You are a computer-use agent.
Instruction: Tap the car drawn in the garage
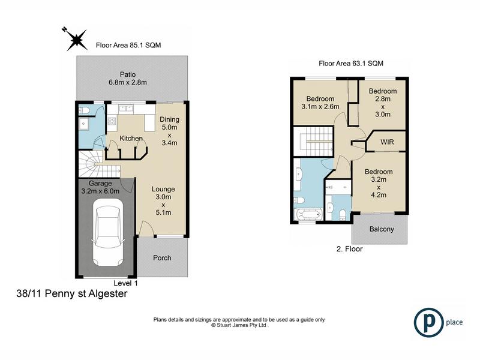tap(108, 233)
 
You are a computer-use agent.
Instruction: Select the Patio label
tap(128, 74)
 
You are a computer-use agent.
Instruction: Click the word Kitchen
tap(131, 139)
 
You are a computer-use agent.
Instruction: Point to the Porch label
tap(162, 258)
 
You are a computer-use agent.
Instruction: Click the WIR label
tap(387, 142)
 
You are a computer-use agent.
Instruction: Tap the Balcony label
tap(382, 229)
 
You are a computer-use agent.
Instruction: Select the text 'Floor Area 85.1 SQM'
tap(128, 46)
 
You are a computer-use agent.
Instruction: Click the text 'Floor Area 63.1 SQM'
tap(351, 64)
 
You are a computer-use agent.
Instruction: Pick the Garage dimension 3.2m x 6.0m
tap(100, 191)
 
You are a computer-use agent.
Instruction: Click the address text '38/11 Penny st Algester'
tap(71, 293)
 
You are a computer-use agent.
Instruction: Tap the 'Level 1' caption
tap(125, 283)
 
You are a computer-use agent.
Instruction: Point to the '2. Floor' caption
tap(349, 249)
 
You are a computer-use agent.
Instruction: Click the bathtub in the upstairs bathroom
tap(308, 214)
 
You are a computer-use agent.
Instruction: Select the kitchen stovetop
tap(112, 121)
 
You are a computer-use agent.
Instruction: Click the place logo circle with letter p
tap(428, 322)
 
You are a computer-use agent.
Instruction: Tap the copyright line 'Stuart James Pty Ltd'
tap(239, 325)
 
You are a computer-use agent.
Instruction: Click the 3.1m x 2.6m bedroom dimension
tap(320, 107)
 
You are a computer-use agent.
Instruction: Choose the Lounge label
tap(163, 189)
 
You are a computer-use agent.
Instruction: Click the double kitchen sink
tap(125, 108)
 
